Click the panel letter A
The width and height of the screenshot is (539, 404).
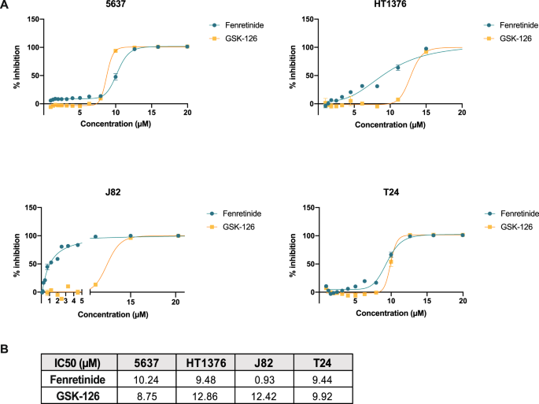click(6, 6)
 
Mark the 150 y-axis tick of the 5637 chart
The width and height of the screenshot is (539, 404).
click(31, 19)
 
